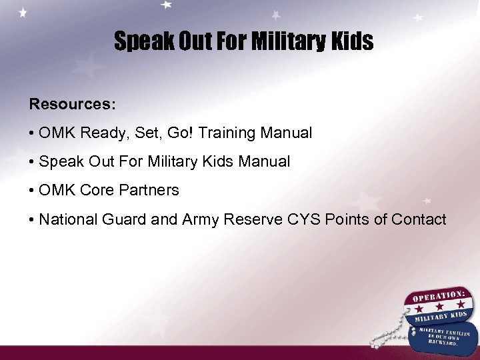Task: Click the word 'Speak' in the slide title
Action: tap(137, 42)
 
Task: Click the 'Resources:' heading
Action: tap(72, 105)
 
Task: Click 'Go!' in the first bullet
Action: tap(179, 133)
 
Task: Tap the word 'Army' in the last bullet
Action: tap(200, 220)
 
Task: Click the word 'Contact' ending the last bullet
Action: tap(419, 220)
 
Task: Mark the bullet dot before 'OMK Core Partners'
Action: tap(32, 191)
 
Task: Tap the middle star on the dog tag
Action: tap(440, 305)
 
